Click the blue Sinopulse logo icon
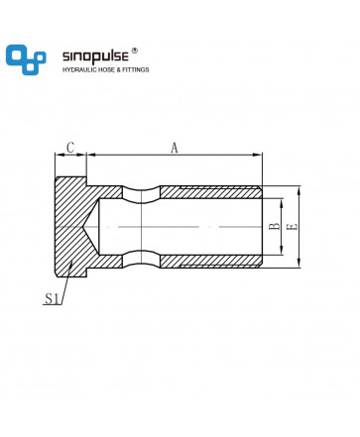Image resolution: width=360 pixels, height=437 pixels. [26, 59]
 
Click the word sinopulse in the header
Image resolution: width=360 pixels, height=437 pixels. [95, 56]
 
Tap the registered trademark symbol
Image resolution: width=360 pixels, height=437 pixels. [135, 51]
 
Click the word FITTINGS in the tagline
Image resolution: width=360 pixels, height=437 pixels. [136, 69]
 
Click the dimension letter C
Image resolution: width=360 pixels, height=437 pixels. [70, 148]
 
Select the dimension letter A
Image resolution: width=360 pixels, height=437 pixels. [175, 148]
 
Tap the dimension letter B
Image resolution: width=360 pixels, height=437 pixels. [274, 227]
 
